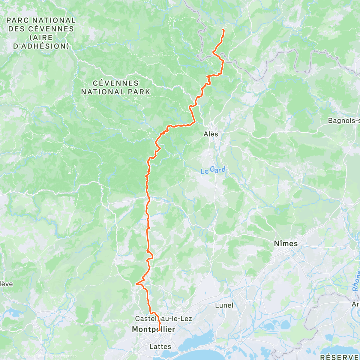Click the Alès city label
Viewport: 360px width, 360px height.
(x=211, y=134)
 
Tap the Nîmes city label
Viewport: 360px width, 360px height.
(x=286, y=244)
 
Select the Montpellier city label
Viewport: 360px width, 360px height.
(x=153, y=329)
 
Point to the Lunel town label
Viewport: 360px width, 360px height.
(x=224, y=305)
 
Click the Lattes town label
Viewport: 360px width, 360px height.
(x=160, y=346)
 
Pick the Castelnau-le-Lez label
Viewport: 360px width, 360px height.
(x=163, y=319)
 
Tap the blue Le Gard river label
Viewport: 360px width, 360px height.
(x=213, y=170)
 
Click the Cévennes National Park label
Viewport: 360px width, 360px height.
(x=115, y=87)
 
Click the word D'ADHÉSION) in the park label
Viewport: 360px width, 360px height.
(x=41, y=46)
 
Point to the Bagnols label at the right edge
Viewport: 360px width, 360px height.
(x=344, y=121)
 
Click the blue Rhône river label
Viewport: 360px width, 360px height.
(x=355, y=281)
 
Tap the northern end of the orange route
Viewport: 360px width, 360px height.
(x=223, y=29)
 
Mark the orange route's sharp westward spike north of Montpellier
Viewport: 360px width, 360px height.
(x=136, y=283)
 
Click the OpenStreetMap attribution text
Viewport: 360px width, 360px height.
(x=63, y=356)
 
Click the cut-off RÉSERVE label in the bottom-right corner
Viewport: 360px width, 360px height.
(x=339, y=357)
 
